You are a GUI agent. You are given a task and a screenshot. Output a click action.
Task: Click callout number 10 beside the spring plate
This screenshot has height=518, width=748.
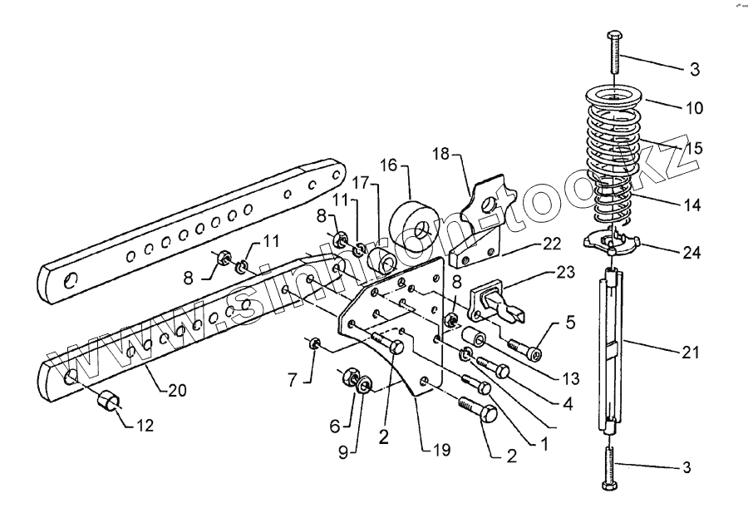(x=694, y=107)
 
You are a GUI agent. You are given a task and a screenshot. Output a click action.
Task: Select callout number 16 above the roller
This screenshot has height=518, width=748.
(x=388, y=165)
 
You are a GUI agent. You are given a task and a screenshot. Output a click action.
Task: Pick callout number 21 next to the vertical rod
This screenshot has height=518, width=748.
(x=692, y=352)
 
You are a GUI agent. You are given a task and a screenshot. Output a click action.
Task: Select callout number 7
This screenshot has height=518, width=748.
(x=293, y=380)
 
